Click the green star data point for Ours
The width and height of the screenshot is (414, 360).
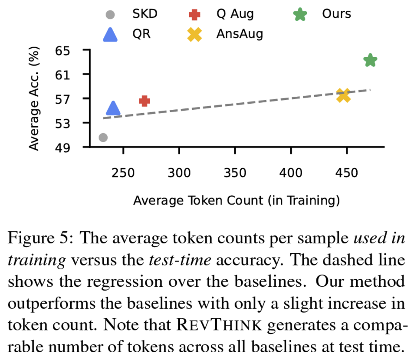point(370,60)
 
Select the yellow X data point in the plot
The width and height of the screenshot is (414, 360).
point(343,95)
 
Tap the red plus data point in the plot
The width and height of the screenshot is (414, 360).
point(144,101)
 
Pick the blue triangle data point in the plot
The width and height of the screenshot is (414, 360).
point(113,108)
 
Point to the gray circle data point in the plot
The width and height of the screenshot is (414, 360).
point(103,137)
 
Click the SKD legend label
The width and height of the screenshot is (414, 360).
point(145,14)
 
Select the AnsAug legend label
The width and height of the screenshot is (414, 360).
point(240,34)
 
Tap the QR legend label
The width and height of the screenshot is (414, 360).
point(141,34)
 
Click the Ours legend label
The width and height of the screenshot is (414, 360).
point(336,14)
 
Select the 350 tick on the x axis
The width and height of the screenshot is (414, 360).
point(235,173)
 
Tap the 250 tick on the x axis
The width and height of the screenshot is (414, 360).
point(123,173)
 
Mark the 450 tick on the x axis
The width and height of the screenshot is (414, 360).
point(346,173)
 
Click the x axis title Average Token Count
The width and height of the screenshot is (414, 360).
point(236,201)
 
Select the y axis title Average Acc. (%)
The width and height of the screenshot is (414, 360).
point(35,98)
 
